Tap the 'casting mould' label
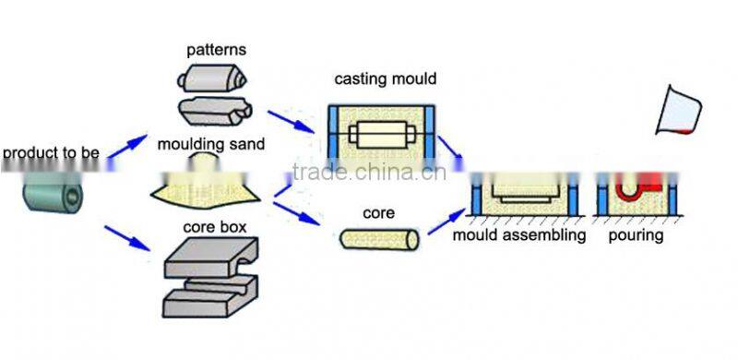(x=384, y=79)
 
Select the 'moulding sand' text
(x=210, y=144)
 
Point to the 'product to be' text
(x=51, y=152)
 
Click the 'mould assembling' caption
(x=519, y=235)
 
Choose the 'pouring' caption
(x=636, y=235)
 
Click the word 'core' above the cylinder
(x=378, y=213)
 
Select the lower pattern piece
(x=214, y=111)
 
